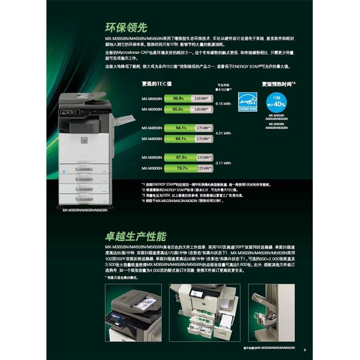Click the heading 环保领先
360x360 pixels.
click(126, 27)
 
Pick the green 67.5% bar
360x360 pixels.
click(180, 157)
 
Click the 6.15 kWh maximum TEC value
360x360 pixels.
click(223, 103)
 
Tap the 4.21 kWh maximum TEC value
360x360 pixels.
click(223, 133)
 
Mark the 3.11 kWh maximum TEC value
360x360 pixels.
click(223, 163)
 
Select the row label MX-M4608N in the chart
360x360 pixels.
click(152, 139)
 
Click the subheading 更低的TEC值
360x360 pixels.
click(156, 83)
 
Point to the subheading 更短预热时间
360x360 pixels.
click(278, 84)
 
